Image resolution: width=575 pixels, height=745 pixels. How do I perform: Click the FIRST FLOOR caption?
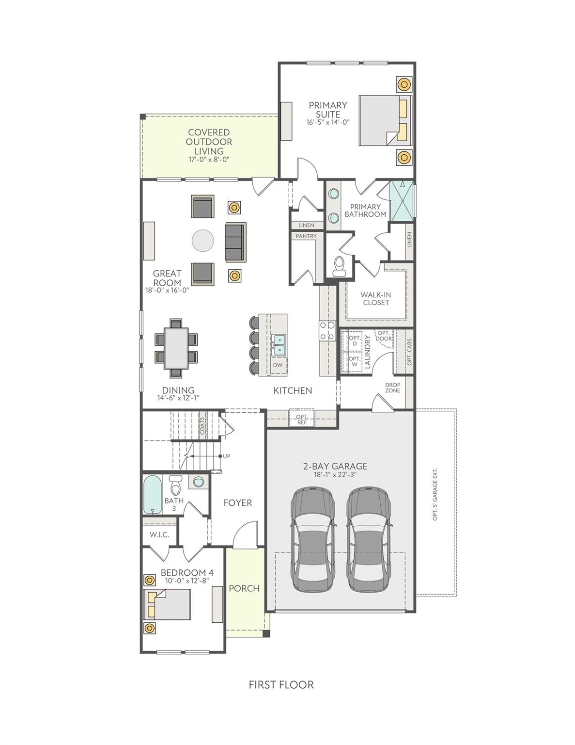pyautogui.click(x=281, y=685)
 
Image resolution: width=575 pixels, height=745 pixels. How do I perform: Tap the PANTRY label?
pyautogui.click(x=306, y=236)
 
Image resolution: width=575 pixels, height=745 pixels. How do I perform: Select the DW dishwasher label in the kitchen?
pyautogui.click(x=278, y=365)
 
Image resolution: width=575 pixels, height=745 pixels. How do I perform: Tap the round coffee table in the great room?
pyautogui.click(x=203, y=241)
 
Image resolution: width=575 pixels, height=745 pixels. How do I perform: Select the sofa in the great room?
pyautogui.click(x=235, y=242)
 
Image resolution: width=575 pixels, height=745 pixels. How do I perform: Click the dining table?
pyautogui.click(x=176, y=348)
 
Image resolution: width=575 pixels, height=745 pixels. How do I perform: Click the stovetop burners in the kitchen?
pyautogui.click(x=327, y=330)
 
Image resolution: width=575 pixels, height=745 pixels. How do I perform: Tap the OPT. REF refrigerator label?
pyautogui.click(x=302, y=419)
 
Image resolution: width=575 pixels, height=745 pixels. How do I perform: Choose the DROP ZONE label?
pyautogui.click(x=392, y=388)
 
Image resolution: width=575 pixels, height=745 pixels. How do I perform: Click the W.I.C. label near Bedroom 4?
pyautogui.click(x=159, y=534)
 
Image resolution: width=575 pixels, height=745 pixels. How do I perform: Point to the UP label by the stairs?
pyautogui.click(x=227, y=456)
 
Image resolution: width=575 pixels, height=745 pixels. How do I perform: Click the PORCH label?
pyautogui.click(x=244, y=588)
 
